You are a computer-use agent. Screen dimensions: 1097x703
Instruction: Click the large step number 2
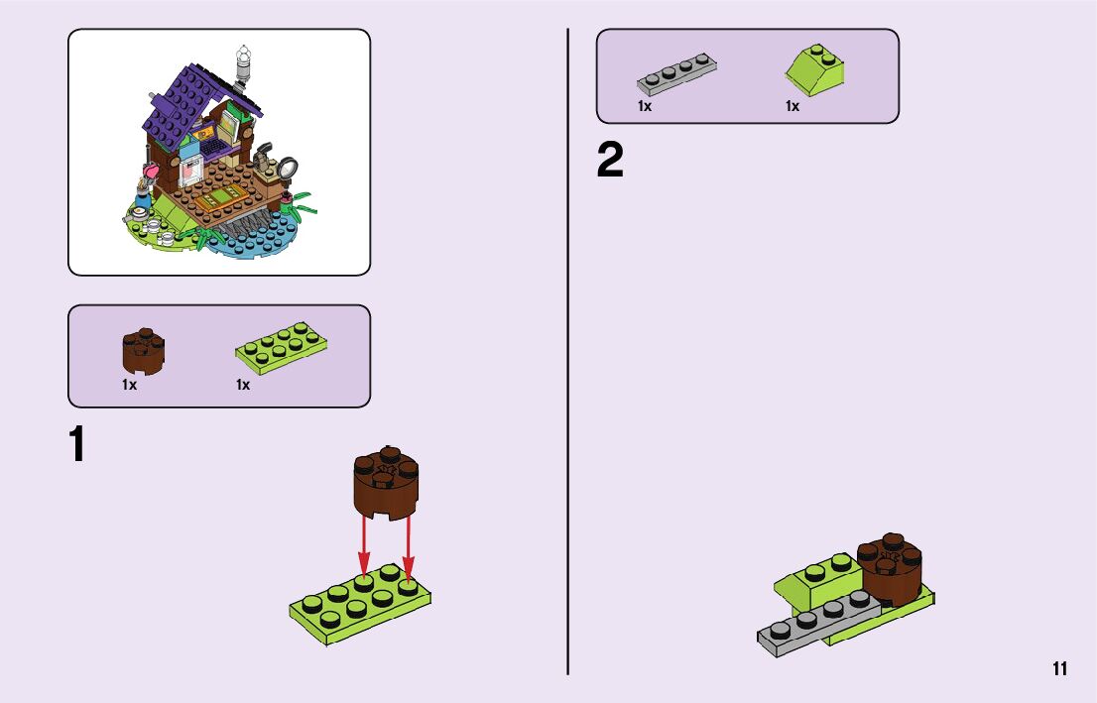pyautogui.click(x=610, y=161)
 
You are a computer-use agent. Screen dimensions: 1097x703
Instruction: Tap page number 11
pyautogui.click(x=1060, y=669)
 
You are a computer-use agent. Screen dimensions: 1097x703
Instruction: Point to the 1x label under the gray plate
pyautogui.click(x=645, y=107)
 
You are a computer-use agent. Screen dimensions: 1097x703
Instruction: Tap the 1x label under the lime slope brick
pyautogui.click(x=792, y=107)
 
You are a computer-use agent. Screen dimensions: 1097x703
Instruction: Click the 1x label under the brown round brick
pyautogui.click(x=130, y=385)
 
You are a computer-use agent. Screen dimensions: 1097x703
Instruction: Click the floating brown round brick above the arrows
pyautogui.click(x=385, y=483)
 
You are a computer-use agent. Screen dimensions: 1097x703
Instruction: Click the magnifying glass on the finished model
pyautogui.click(x=288, y=168)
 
